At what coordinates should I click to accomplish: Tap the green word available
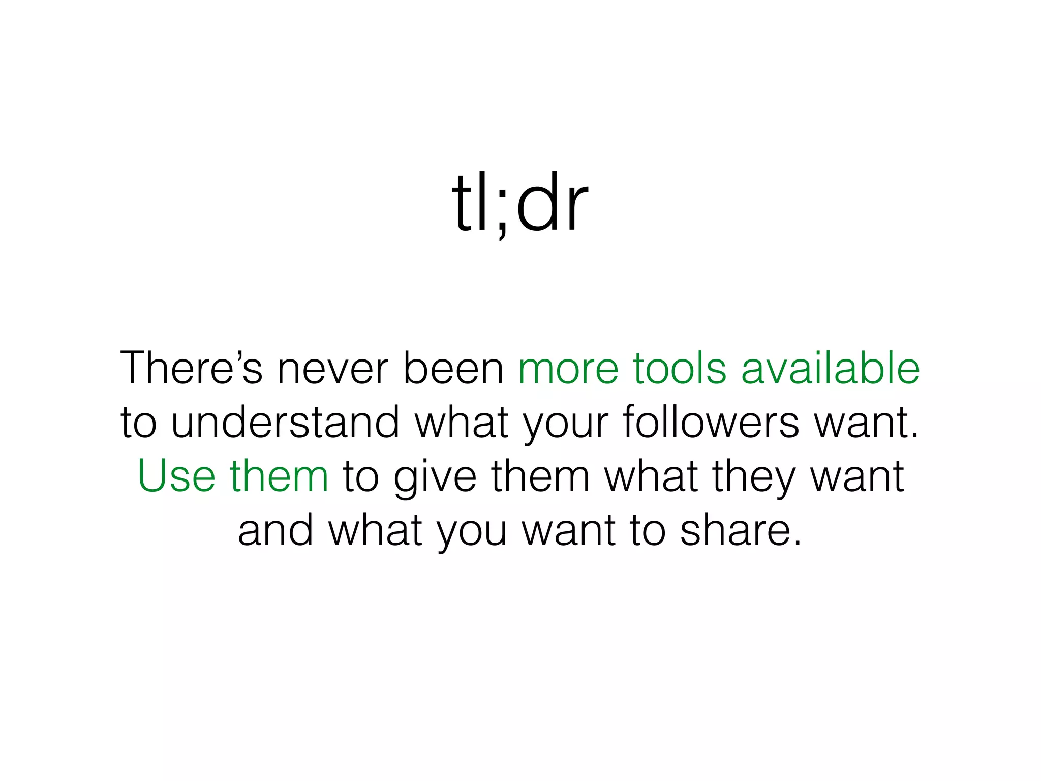click(x=830, y=368)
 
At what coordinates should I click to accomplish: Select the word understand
click(x=286, y=422)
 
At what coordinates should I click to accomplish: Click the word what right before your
click(x=462, y=422)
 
